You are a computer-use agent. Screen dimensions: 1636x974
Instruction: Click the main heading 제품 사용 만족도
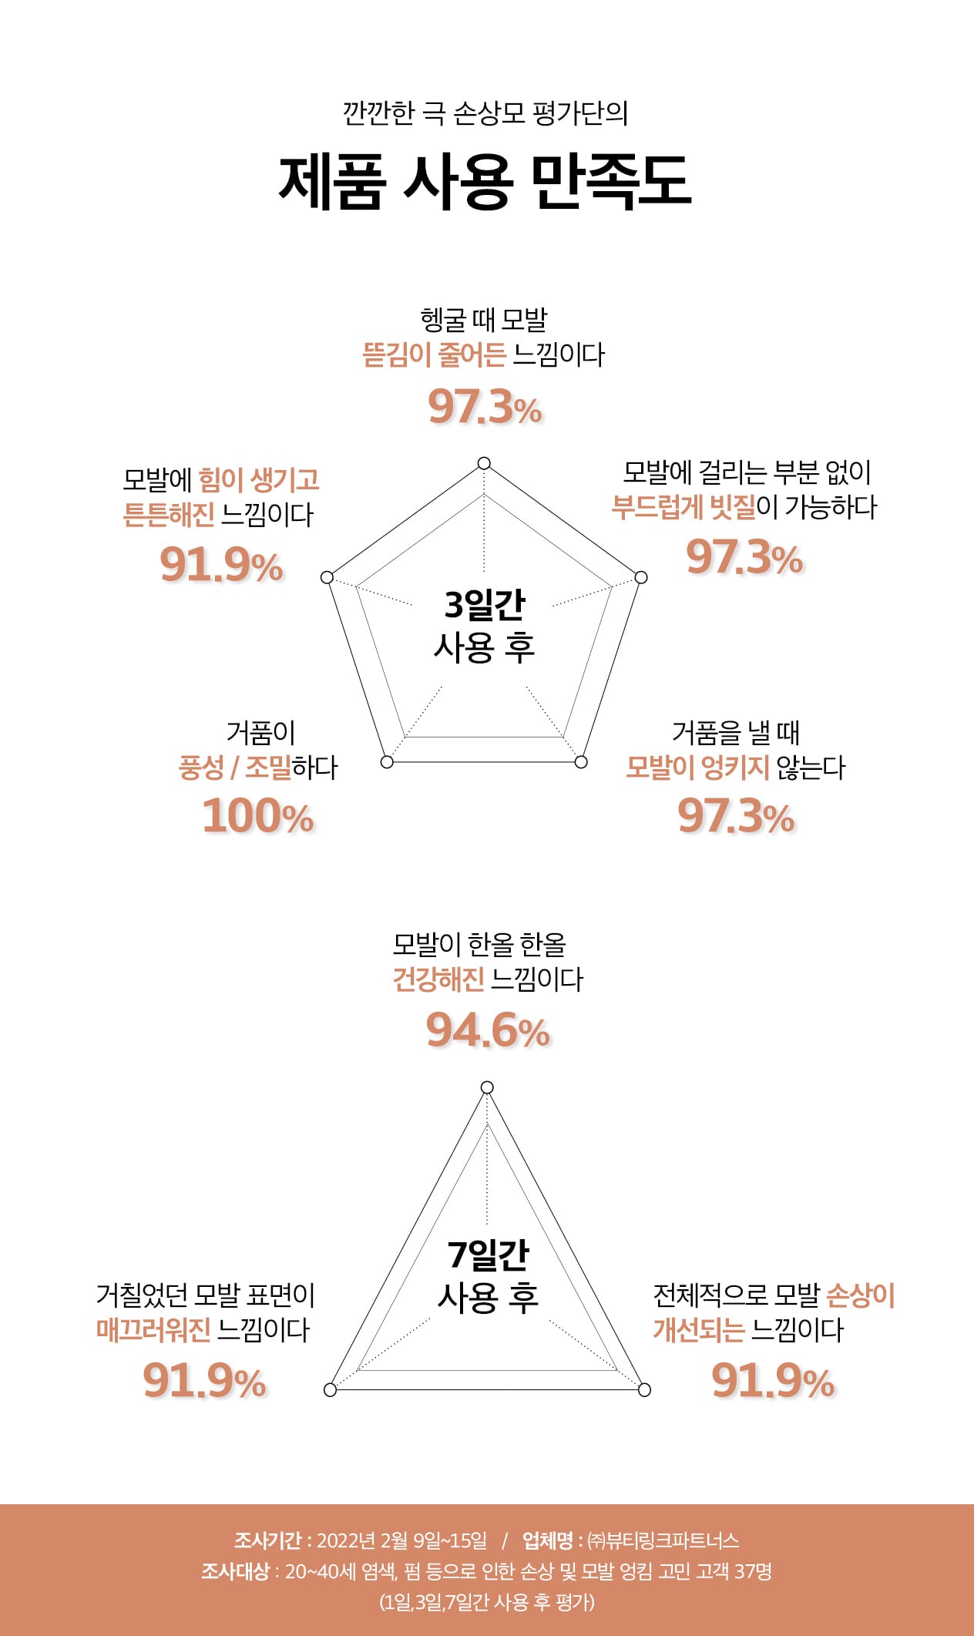[485, 182]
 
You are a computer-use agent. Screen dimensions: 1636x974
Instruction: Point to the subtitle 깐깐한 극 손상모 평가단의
[485, 113]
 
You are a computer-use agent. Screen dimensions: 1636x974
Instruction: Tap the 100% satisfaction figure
[258, 816]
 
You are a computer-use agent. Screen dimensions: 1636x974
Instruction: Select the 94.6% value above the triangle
[488, 1030]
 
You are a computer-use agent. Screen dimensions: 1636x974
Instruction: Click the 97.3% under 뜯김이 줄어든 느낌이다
[485, 406]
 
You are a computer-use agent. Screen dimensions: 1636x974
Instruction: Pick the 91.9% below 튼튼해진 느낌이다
[221, 565]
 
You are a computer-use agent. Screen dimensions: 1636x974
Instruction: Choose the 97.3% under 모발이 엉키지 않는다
[736, 816]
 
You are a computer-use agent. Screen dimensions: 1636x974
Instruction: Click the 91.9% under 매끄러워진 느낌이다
[204, 1380]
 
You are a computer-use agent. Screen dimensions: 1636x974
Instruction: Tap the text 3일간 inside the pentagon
[485, 605]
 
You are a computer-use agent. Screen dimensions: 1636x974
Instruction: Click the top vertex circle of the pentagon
[484, 463]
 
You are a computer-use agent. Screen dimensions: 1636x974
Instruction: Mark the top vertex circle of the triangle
[487, 1087]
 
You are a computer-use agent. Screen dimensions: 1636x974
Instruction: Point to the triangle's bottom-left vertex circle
[331, 1389]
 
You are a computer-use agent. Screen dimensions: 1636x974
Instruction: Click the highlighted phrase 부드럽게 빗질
[683, 508]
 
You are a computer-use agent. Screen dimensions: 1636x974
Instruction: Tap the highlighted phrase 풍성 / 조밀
[235, 768]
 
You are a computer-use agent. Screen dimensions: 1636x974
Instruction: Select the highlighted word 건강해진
[438, 980]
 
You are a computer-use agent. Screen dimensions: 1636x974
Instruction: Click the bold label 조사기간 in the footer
[267, 1540]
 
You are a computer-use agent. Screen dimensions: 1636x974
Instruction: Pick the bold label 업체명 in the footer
[547, 1540]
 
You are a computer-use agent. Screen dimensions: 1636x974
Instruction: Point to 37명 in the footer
[751, 1570]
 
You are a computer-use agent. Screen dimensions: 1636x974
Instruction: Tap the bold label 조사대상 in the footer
[235, 1570]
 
